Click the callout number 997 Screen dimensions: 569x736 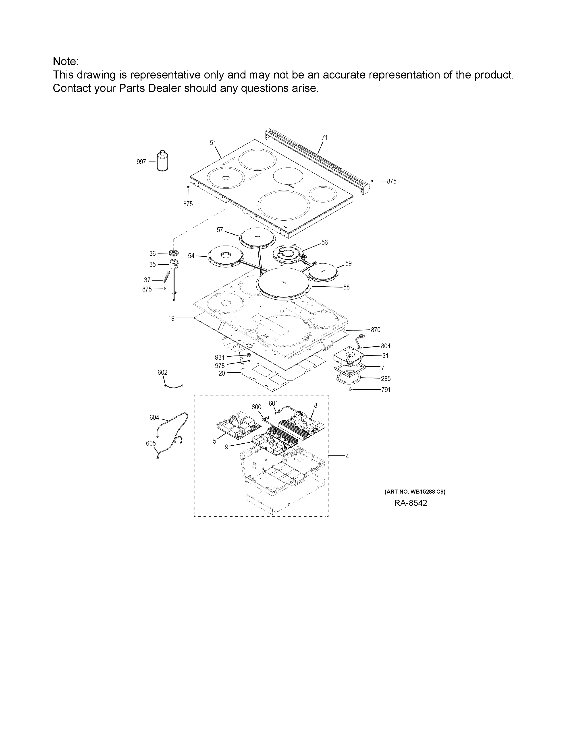click(x=141, y=162)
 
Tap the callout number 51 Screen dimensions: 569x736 click(x=213, y=143)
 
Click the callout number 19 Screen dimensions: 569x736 click(x=172, y=318)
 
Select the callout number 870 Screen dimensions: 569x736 click(x=376, y=330)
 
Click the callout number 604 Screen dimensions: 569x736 click(x=154, y=418)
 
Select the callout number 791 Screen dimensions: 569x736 click(x=386, y=390)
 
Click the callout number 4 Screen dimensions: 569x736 click(x=347, y=456)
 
